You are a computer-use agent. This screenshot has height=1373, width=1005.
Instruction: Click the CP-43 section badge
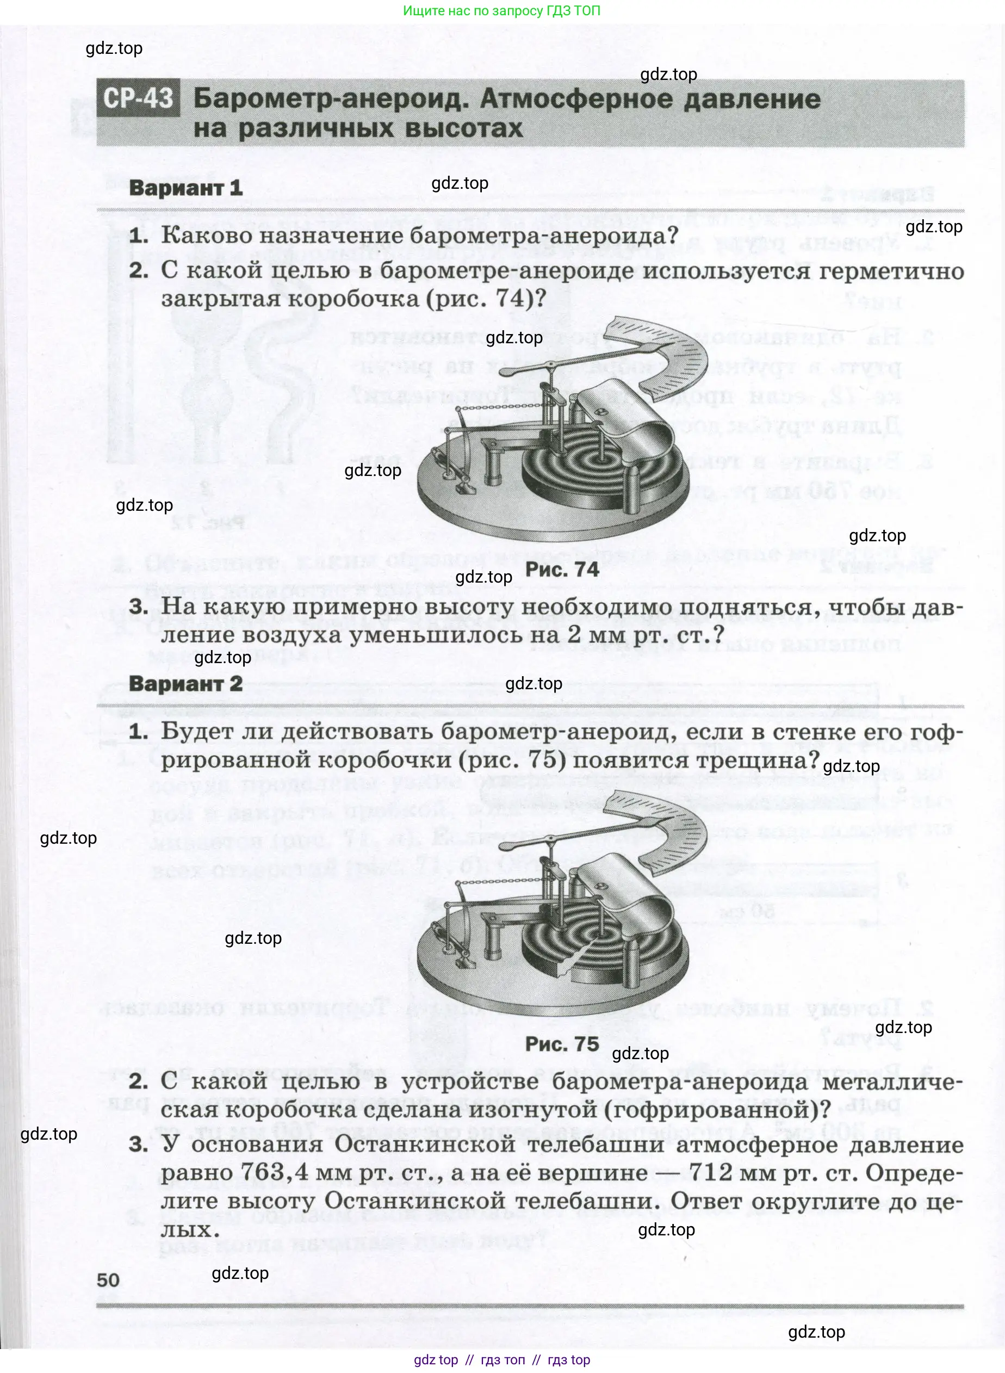pyautogui.click(x=138, y=98)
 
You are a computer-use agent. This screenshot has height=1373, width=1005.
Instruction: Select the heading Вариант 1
pyautogui.click(x=185, y=188)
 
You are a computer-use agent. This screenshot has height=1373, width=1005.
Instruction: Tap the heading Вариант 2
pyautogui.click(x=185, y=683)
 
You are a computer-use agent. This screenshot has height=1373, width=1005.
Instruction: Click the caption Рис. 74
pyautogui.click(x=562, y=570)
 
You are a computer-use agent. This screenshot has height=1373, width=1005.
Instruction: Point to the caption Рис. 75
pyautogui.click(x=562, y=1044)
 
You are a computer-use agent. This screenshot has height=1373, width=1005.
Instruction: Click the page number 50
pyautogui.click(x=108, y=1280)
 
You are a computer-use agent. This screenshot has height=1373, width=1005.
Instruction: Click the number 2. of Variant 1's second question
pyautogui.click(x=139, y=271)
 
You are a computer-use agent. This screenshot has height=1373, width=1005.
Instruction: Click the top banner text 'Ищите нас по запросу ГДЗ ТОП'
pyautogui.click(x=502, y=10)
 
